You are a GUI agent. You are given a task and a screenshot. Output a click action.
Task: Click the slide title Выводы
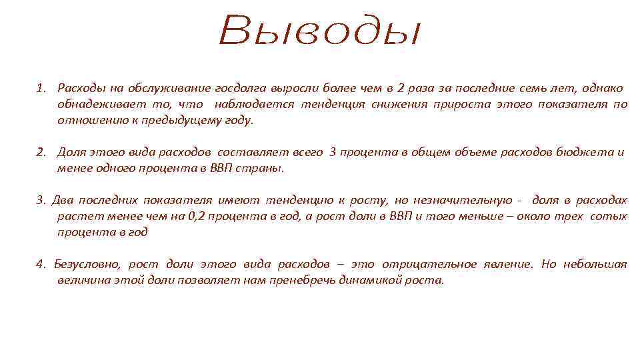click(x=320, y=31)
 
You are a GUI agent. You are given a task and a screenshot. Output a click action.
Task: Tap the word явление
click(x=509, y=265)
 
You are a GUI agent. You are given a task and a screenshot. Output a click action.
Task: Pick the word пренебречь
click(x=299, y=281)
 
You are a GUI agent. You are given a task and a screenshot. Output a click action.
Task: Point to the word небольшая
click(x=595, y=265)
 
